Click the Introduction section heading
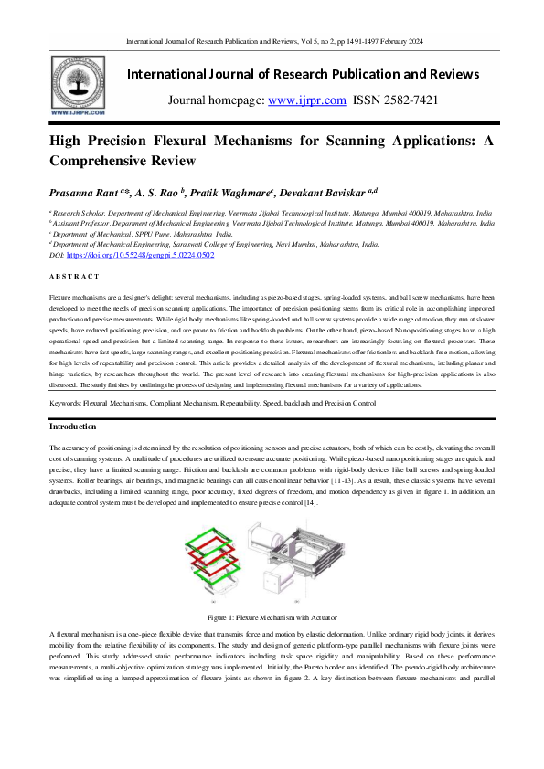point(74,427)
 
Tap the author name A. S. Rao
point(160,194)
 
